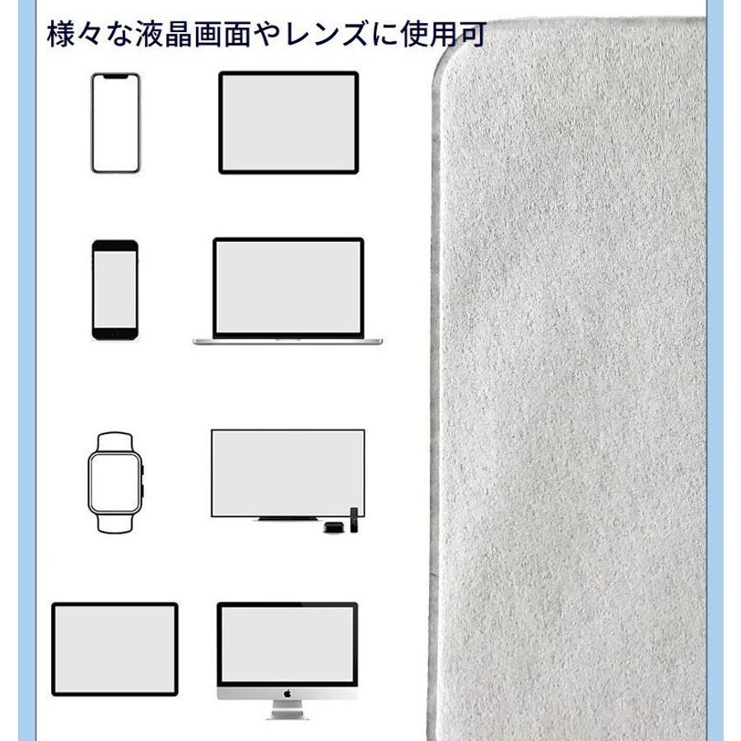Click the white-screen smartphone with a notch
pyautogui.click(x=116, y=123)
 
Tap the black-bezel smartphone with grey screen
pyautogui.click(x=115, y=290)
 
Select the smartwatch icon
pyautogui.click(x=115, y=482)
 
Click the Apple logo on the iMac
pyautogui.click(x=287, y=694)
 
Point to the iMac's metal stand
pyautogui.click(x=287, y=710)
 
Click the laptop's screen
pyautogui.click(x=288, y=287)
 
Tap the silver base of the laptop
pyautogui.click(x=288, y=341)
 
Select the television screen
pyautogui.click(x=288, y=473)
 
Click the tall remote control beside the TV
pyautogui.click(x=354, y=520)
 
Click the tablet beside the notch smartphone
pyautogui.click(x=288, y=123)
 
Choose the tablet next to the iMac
pyautogui.click(x=114, y=649)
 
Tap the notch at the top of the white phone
pyautogui.click(x=116, y=76)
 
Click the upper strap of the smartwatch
pyautogui.click(x=114, y=442)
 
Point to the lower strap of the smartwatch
pyautogui.click(x=114, y=523)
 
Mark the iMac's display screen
pyautogui.click(x=287, y=644)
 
